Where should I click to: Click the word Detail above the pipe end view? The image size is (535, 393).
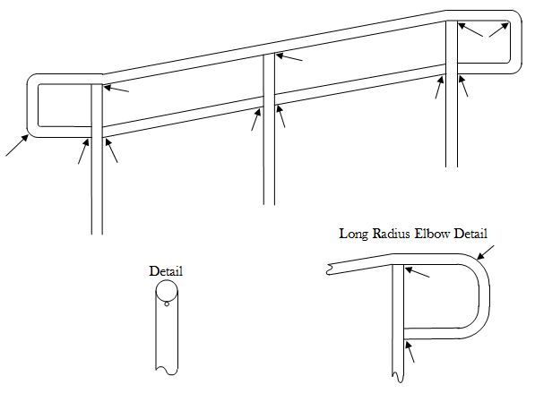pos(166,271)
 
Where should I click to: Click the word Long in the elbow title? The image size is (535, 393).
pos(353,235)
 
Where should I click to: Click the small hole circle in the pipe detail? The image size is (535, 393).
pos(167,303)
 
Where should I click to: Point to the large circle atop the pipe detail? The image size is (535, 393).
pos(167,290)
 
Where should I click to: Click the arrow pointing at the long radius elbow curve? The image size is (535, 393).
pos(485,252)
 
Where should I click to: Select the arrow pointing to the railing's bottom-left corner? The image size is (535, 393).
pos(17,145)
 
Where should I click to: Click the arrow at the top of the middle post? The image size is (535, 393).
pos(289,57)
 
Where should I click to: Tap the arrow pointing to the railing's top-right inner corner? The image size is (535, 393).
pos(499,30)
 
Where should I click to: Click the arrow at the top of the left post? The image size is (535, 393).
pos(116,89)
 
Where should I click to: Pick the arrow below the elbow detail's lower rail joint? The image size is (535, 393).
pos(410,352)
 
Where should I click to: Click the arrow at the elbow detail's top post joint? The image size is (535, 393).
pos(418,272)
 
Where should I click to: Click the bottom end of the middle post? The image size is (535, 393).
pos(269,204)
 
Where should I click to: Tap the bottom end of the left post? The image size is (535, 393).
pos(97,234)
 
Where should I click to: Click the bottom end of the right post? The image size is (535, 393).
pos(452,167)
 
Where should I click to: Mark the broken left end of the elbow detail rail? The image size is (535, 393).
pos(328,269)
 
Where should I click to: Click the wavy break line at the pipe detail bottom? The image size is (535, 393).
pos(167,371)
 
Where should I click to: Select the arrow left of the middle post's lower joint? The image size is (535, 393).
pos(256,119)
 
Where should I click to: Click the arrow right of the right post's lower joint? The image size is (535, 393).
pos(463,86)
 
